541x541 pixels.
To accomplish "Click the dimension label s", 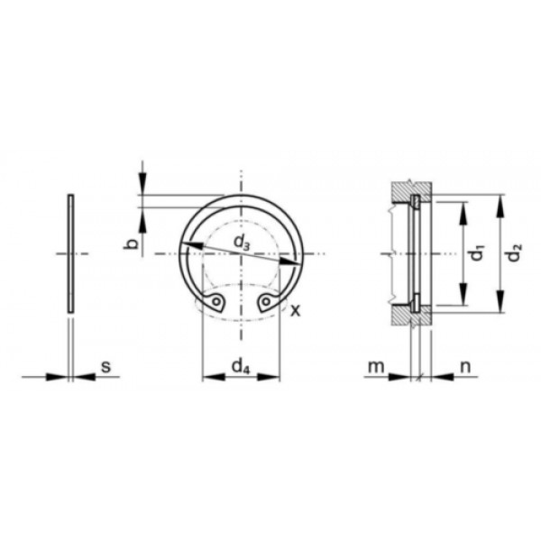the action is pyautogui.click(x=105, y=366).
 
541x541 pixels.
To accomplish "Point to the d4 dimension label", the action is pyautogui.click(x=240, y=366).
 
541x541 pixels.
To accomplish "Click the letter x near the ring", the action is pyautogui.click(x=296, y=311).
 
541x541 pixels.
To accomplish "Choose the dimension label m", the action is pyautogui.click(x=376, y=367).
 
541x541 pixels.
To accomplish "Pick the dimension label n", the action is pyautogui.click(x=466, y=367).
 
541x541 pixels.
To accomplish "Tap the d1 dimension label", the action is pyautogui.click(x=478, y=252).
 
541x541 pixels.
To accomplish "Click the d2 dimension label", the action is pyautogui.click(x=515, y=252).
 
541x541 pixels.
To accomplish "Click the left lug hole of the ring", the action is pyautogui.click(x=216, y=301).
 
